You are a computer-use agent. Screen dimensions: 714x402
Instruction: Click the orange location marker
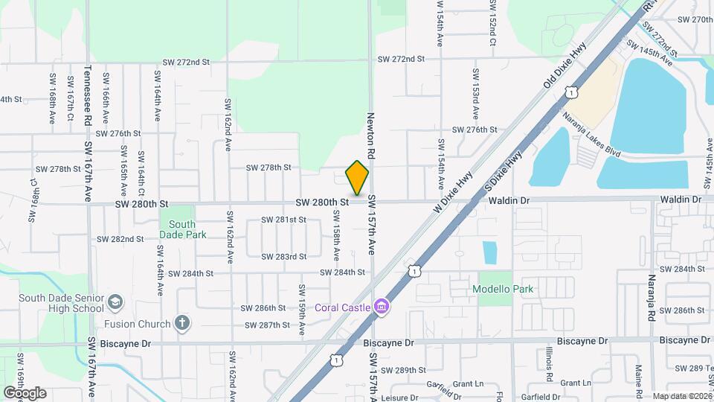pos(358,177)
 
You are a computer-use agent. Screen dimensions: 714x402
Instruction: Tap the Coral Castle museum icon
pos(382,306)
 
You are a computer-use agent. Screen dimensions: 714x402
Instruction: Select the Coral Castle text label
pos(343,307)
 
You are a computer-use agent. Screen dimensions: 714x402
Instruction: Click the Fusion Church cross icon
pos(181,323)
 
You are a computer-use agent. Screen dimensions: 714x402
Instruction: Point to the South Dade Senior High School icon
pos(115,302)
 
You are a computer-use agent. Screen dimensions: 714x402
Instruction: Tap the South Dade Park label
pos(181,229)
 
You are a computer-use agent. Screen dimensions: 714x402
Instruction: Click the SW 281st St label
pos(283,220)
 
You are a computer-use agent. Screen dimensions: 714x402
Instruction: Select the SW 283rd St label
pos(283,257)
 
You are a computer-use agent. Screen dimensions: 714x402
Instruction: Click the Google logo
pos(25,392)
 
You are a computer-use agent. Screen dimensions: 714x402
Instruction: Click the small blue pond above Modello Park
pos(489,252)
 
